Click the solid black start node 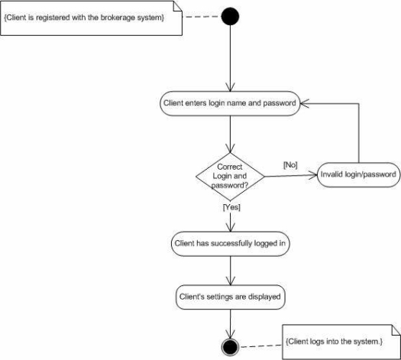230,16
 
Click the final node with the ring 230,347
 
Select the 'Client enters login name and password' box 230,103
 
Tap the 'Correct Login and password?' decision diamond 230,177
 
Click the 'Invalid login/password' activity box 358,174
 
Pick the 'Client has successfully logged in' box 230,244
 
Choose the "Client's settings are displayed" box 230,297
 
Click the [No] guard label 290,165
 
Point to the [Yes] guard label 231,207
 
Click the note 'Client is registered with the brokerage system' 91,18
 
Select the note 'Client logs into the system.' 341,342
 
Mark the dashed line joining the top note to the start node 202,17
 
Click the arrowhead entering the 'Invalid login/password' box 313,175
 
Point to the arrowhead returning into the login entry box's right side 304,103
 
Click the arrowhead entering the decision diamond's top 230,148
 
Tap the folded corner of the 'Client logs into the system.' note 396,329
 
